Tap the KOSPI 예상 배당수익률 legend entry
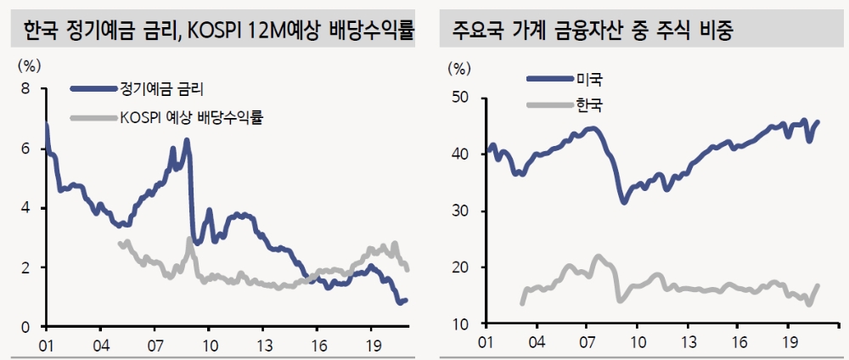[192, 117]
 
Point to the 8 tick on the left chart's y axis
[25, 88]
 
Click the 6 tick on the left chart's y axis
[25, 149]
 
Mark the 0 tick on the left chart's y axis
[25, 327]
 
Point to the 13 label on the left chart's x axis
[265, 346]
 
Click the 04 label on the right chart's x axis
[537, 343]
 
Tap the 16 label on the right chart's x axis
[740, 343]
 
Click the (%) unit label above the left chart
[29, 64]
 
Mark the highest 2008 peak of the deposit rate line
[187, 140]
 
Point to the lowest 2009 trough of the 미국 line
[624, 202]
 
